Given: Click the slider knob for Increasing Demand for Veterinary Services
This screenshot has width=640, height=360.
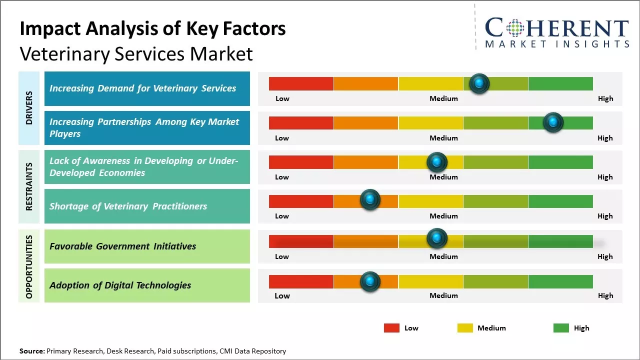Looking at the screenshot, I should pos(479,83).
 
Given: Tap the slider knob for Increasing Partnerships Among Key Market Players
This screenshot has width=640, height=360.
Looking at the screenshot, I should pos(553,122).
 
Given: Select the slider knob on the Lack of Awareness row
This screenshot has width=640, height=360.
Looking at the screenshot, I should pos(436,162).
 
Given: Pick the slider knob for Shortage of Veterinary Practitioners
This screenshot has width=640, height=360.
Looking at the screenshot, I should pos(370,200).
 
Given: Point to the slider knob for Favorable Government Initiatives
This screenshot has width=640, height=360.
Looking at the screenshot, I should pos(436,238).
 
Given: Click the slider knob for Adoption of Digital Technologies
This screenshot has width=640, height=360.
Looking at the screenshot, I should pos(370,281).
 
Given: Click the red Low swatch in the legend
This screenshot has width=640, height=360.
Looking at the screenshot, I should pos(391,328).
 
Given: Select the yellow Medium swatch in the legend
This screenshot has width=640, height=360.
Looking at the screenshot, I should pos(465,328).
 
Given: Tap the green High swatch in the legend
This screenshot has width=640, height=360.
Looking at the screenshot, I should pos(561,328).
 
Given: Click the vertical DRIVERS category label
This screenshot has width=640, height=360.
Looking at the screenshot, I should pos(29,108).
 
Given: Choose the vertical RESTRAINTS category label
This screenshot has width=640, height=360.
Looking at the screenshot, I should pos(29,186).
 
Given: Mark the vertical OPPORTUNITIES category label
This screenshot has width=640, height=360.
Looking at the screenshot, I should pos(29,266).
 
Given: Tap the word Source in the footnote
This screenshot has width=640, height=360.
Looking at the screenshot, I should pos(31,351).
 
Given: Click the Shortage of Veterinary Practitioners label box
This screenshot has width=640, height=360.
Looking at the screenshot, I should pos(147,206).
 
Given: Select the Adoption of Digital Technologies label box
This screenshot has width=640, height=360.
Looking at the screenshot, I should pos(147,285).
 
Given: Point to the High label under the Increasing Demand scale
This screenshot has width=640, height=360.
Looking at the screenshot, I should pos(605,98).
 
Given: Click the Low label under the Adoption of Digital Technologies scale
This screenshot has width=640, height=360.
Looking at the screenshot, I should pos(282,295).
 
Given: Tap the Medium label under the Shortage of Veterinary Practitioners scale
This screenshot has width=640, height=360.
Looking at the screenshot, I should pos(443,216).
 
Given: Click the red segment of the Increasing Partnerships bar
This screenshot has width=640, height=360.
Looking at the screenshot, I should pos(301,123).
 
